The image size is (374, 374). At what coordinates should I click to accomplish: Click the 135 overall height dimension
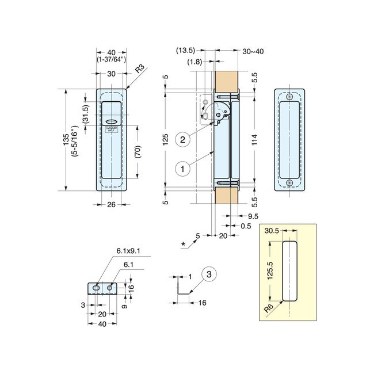[66, 140]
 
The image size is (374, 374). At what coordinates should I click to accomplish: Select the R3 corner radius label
[139, 71]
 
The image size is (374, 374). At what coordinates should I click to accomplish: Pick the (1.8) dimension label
[194, 61]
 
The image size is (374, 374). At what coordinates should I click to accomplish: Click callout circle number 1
[182, 169]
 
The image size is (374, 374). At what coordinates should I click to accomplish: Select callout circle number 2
[182, 139]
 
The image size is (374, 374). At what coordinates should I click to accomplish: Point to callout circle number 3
[210, 275]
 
